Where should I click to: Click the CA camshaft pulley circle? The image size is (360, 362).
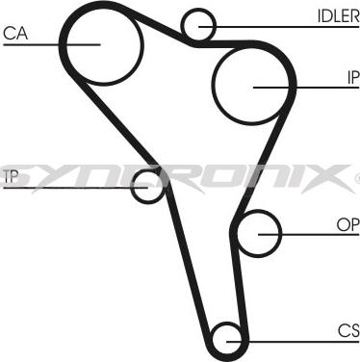[x=101, y=42]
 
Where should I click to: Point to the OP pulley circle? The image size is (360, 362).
[x=258, y=232]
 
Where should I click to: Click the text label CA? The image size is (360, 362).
[x=15, y=34]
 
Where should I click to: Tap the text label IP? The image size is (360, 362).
[x=351, y=77]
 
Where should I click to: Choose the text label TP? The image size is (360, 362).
[x=11, y=175]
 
